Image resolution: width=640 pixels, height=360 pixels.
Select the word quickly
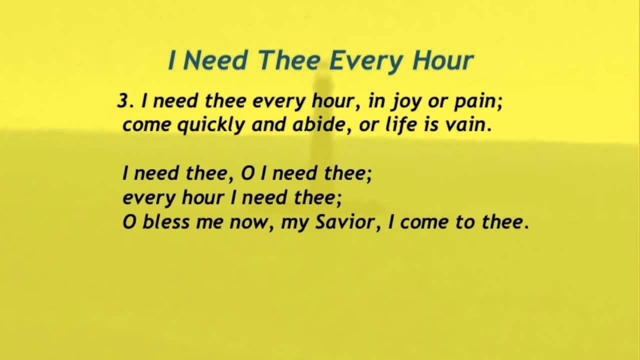coord(211,125)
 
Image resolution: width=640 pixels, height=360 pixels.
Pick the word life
coord(398,124)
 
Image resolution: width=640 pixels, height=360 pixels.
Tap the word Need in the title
coord(215,61)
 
